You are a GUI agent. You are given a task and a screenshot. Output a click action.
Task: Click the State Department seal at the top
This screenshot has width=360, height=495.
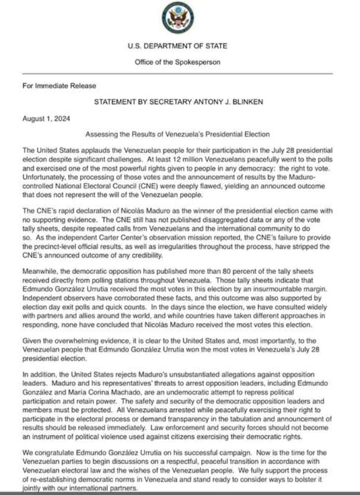click(x=178, y=18)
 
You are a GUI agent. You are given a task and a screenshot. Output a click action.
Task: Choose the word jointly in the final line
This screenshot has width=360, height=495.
click(x=31, y=488)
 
